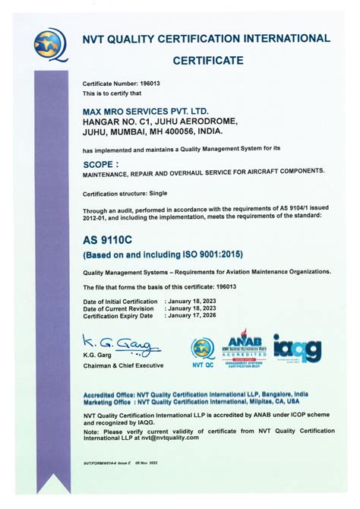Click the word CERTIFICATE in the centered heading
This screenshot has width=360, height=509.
click(208, 60)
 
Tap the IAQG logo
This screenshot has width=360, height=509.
click(297, 347)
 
